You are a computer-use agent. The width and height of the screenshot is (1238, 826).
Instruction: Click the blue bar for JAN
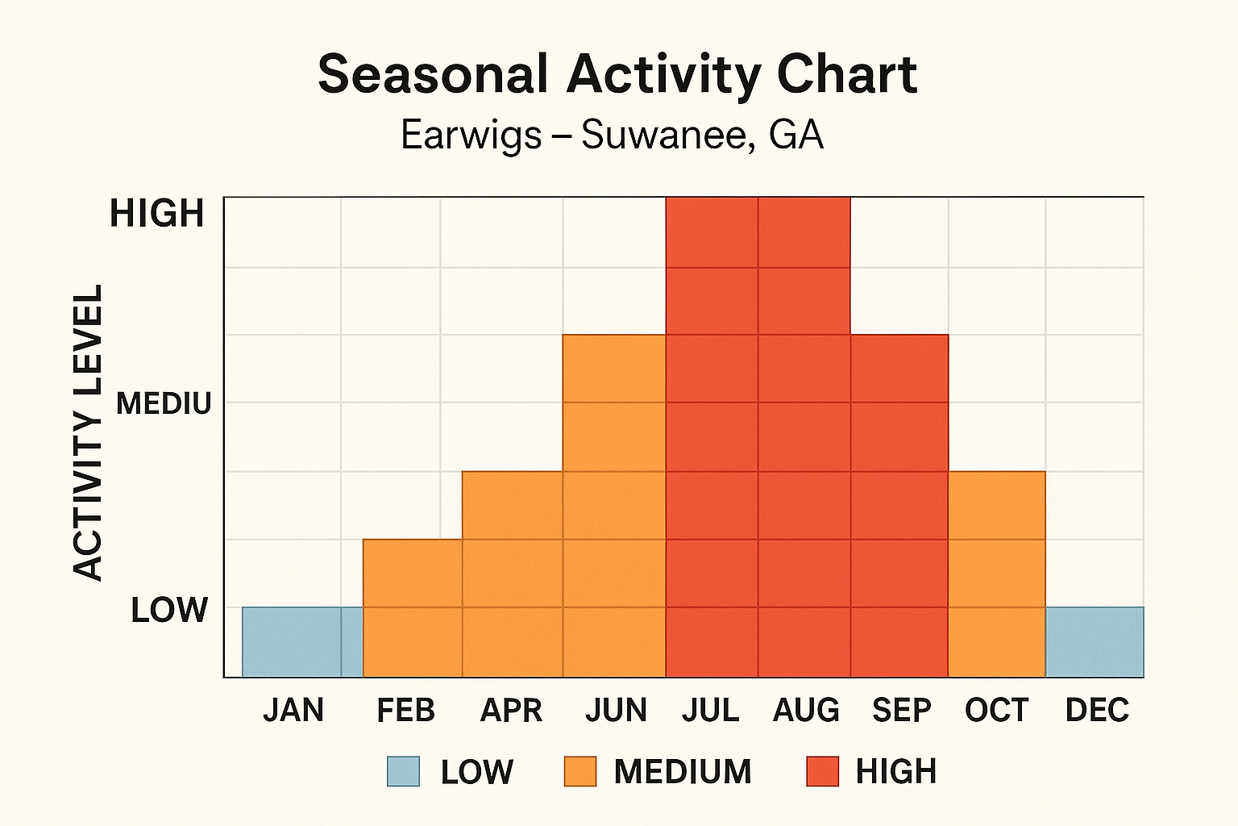click(x=302, y=641)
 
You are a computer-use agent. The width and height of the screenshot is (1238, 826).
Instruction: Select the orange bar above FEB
click(x=412, y=607)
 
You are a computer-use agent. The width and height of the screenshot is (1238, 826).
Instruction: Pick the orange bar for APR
click(x=512, y=574)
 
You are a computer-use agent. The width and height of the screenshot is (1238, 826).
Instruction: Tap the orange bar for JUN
click(x=614, y=505)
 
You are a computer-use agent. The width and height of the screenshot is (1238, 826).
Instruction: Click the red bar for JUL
click(x=712, y=436)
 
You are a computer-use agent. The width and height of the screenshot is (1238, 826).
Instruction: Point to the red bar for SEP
click(x=899, y=505)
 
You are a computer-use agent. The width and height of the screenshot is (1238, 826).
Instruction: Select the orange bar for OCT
click(x=996, y=574)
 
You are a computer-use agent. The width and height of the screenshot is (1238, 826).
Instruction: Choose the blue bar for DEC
click(x=1095, y=641)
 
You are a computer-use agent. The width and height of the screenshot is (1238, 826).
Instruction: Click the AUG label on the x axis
click(x=806, y=711)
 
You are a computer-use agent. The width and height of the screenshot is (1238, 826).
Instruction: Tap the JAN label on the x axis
click(x=293, y=711)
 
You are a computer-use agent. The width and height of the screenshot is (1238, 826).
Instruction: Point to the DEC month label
click(x=1097, y=711)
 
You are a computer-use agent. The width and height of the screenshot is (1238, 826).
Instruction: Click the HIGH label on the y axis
click(x=157, y=214)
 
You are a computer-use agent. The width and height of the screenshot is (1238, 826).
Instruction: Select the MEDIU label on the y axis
click(x=164, y=403)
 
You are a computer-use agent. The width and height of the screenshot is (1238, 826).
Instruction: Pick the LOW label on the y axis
click(x=169, y=610)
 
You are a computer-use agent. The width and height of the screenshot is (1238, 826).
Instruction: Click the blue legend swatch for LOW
click(x=403, y=771)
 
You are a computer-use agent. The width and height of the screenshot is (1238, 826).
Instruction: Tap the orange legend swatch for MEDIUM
click(x=580, y=771)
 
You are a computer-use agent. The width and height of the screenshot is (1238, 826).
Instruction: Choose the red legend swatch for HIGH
click(x=822, y=771)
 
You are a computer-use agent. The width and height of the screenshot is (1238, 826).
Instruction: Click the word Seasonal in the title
click(x=433, y=74)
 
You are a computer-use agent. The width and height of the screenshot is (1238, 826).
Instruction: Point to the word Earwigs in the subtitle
click(x=471, y=135)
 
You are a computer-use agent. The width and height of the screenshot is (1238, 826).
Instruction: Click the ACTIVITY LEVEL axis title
click(x=89, y=432)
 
